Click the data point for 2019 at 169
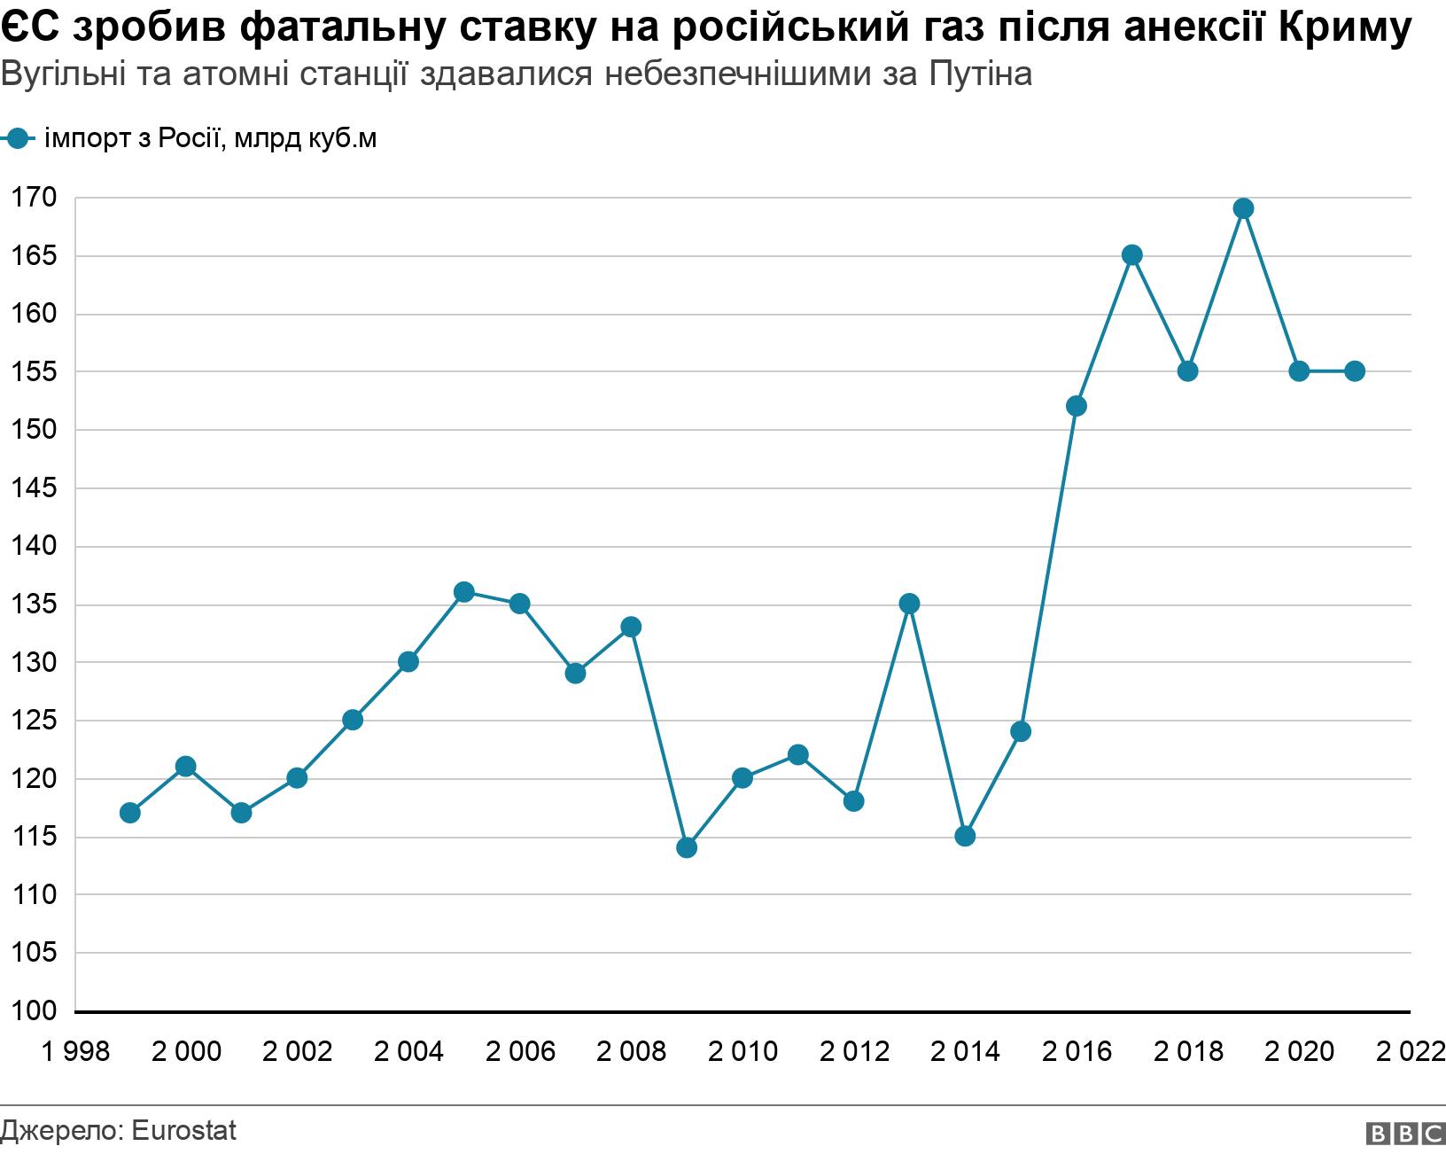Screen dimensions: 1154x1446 [1243, 209]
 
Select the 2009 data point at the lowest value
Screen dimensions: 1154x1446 [687, 848]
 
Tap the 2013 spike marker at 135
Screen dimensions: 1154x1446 [909, 604]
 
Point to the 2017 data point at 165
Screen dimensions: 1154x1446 [1131, 255]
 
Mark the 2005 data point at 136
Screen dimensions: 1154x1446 [463, 592]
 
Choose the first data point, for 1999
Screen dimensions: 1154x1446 [130, 813]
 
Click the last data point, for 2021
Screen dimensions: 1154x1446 [1354, 371]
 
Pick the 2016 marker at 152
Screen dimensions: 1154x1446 [1077, 406]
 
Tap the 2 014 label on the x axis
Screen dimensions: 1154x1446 [965, 1052]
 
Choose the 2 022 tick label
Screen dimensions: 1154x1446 [1409, 1052]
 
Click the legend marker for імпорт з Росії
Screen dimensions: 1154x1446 [17, 138]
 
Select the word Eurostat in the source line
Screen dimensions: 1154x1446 [183, 1131]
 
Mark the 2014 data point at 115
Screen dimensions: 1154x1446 [965, 836]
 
